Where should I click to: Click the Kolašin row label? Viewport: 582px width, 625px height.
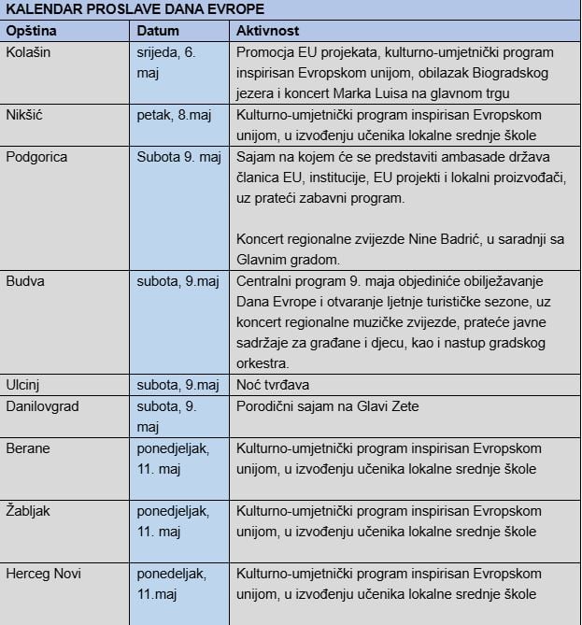coord(29,52)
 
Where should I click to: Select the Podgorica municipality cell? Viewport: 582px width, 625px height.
coord(36,157)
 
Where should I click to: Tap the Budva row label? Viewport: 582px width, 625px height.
coord(25,280)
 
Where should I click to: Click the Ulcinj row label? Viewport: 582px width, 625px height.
coord(24,385)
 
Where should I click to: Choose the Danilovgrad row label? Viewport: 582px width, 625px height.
coord(43,406)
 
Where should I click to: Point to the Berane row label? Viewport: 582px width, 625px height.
coord(28,448)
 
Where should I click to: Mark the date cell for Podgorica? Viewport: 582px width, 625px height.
coord(178,157)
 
